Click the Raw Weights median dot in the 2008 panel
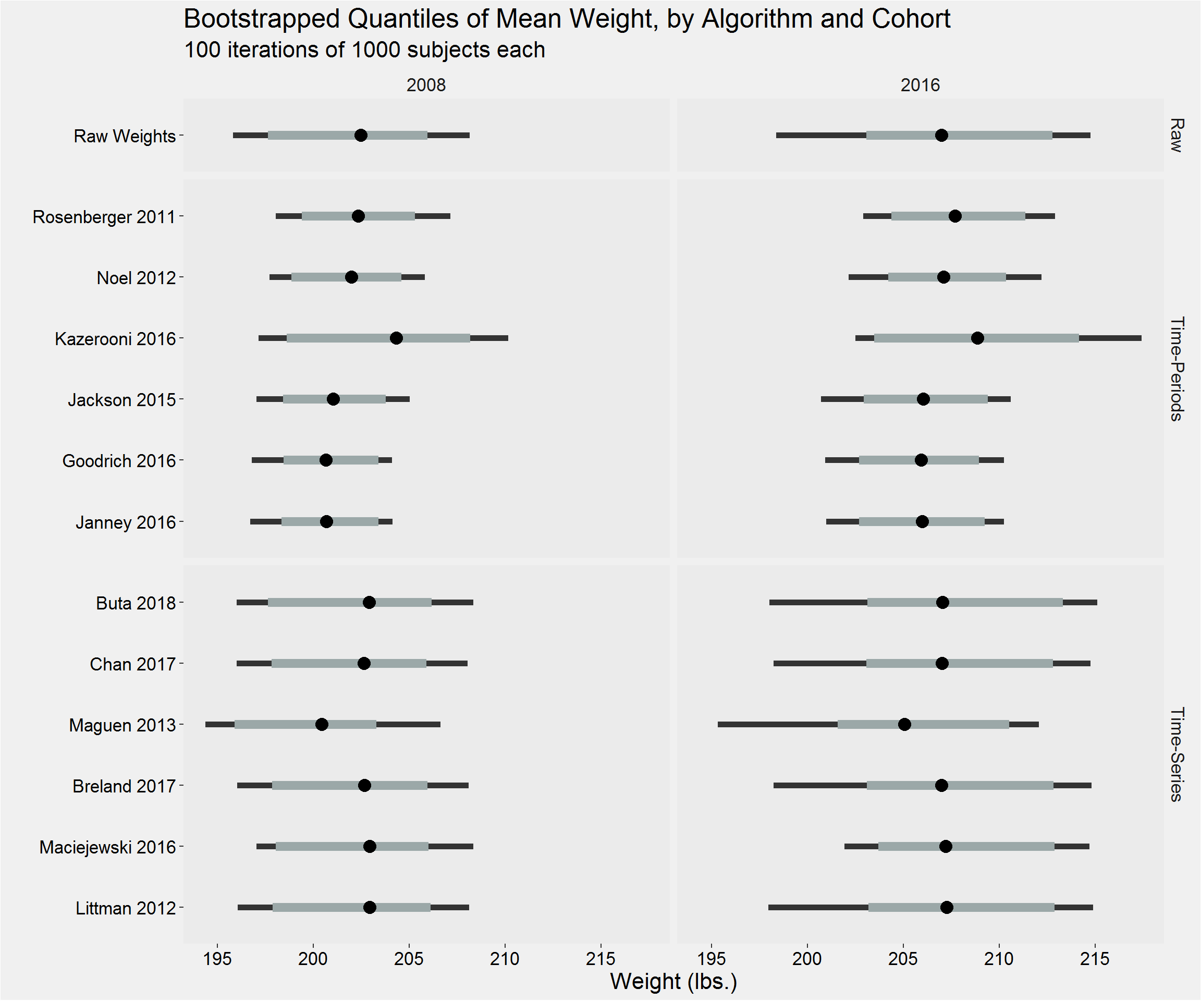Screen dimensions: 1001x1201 (361, 136)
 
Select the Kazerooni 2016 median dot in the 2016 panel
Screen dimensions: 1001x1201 (977, 338)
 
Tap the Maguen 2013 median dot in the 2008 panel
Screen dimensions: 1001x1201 (322, 725)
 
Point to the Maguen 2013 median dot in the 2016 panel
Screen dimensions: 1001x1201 (904, 725)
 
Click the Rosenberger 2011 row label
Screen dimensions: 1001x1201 (104, 217)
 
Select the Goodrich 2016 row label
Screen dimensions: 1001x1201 (119, 461)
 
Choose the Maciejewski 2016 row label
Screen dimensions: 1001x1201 (107, 847)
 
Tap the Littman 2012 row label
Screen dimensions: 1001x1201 (126, 908)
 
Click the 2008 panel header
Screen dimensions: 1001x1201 (426, 85)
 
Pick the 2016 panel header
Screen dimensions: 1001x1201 (920, 85)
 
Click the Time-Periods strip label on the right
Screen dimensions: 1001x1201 (1176, 369)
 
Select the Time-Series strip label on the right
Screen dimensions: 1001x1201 (1176, 754)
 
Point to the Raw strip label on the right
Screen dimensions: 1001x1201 (1176, 136)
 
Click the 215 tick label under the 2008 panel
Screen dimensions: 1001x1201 (601, 959)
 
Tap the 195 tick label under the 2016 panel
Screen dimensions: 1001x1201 (712, 959)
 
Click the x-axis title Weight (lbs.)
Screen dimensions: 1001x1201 (673, 982)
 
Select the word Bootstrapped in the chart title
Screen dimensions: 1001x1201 (261, 19)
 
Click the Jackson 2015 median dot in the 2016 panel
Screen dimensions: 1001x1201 (923, 399)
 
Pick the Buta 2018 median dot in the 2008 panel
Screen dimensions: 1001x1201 (370, 602)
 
